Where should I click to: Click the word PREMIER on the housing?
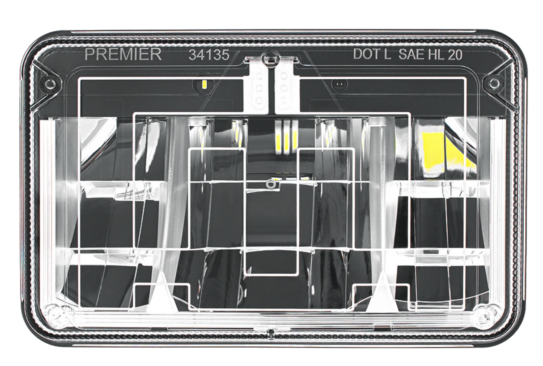[x=123, y=54]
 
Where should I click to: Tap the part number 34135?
[x=209, y=55]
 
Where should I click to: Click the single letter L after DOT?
[x=387, y=54]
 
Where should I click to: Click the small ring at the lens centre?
[x=270, y=184]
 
